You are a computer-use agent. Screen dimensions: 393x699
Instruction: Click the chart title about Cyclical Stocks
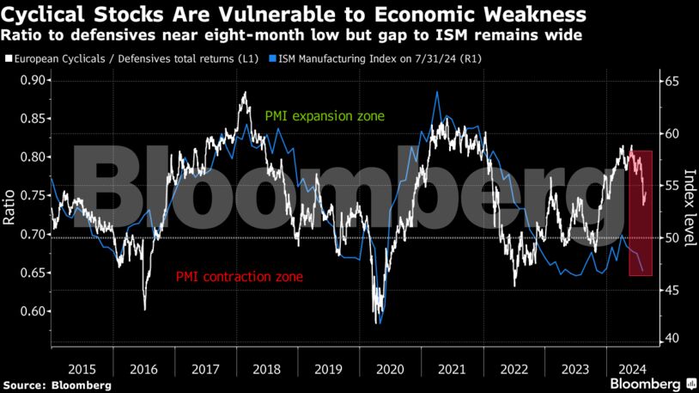point(295,15)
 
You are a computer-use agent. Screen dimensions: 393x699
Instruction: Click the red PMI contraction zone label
point(239,277)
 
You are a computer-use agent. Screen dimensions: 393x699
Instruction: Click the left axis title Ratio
point(9,207)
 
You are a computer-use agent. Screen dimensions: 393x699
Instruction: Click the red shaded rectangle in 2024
point(641,213)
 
